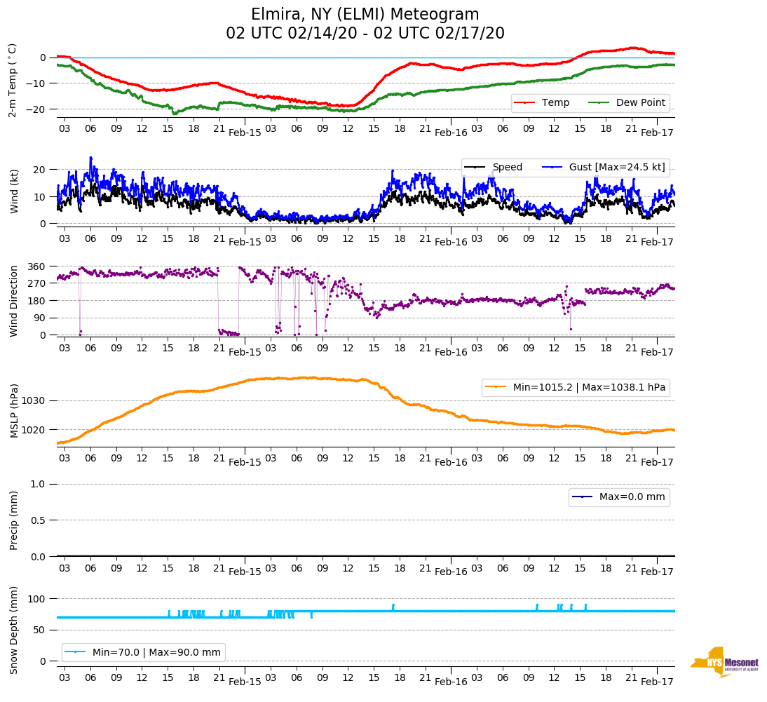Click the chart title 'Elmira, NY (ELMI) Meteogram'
[365, 15]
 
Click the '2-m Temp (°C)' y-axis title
[13, 80]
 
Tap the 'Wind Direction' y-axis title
[13, 300]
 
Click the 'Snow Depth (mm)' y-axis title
[14, 630]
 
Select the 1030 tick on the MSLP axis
[35, 400]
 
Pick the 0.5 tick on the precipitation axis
[39, 520]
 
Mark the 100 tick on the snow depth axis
[38, 599]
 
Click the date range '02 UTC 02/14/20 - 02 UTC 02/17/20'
[365, 34]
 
